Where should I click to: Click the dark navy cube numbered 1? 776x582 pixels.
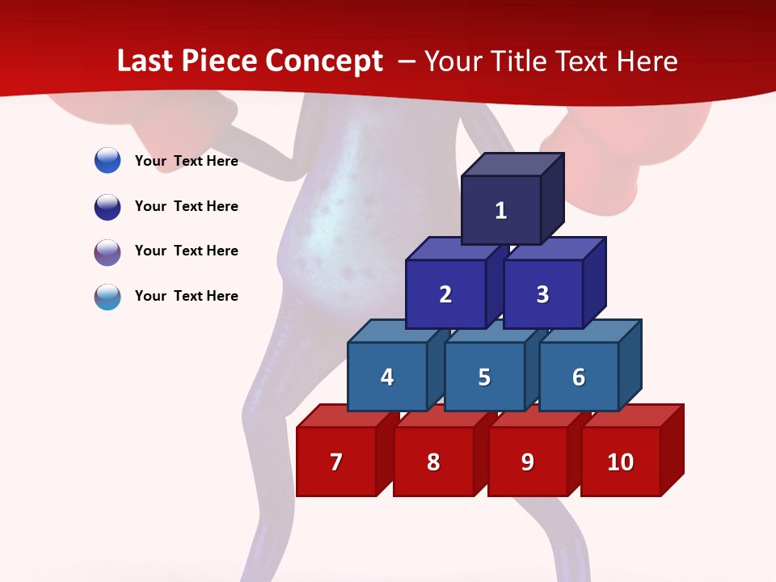pos(500,210)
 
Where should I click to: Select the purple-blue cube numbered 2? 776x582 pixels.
pos(445,294)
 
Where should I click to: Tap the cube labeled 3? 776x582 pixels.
pos(542,294)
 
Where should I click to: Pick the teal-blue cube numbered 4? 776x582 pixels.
pos(387,377)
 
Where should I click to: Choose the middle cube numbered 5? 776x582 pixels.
pos(484,377)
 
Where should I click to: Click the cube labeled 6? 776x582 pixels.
pos(579,377)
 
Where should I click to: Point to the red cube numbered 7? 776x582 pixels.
pos(336,462)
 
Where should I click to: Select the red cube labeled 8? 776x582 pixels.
pos(433,462)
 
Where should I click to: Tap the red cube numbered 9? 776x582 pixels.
pos(527,462)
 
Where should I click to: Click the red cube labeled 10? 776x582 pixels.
pos(621,462)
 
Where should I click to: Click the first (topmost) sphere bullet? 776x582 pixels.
pos(108,160)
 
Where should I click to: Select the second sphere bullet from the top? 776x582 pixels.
pos(108,206)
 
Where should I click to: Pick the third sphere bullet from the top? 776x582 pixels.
pos(108,251)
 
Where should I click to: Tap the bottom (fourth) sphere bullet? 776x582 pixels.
pos(108,297)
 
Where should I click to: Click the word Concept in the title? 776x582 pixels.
pos(324,61)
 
